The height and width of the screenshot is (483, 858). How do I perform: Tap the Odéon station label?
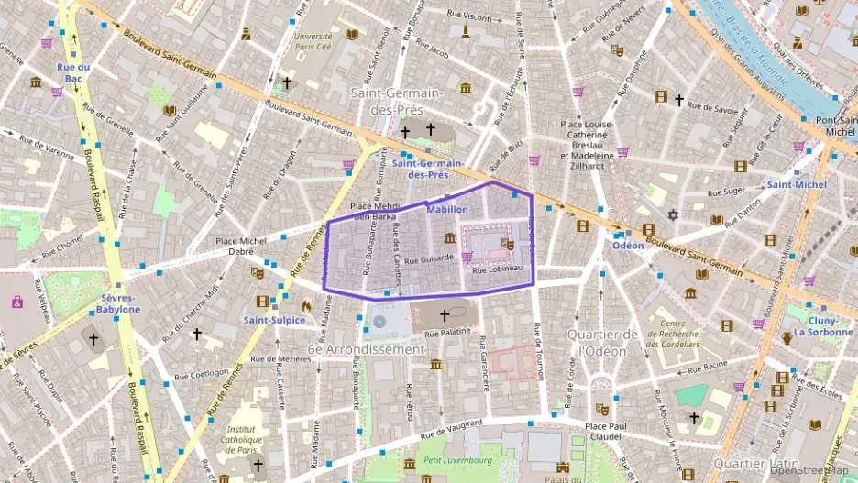(x=629, y=246)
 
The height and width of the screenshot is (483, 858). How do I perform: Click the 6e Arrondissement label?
(x=366, y=349)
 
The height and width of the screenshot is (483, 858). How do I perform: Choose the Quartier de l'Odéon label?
(x=601, y=343)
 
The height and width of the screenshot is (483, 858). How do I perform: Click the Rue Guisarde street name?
(x=430, y=258)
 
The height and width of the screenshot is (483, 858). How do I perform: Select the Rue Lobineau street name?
(x=497, y=269)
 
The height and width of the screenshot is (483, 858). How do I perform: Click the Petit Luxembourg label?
(x=458, y=460)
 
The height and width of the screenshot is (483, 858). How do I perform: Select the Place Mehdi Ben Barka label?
(x=374, y=212)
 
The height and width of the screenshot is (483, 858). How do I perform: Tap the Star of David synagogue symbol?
(x=672, y=214)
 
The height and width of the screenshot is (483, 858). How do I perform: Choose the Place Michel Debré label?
(x=242, y=246)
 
